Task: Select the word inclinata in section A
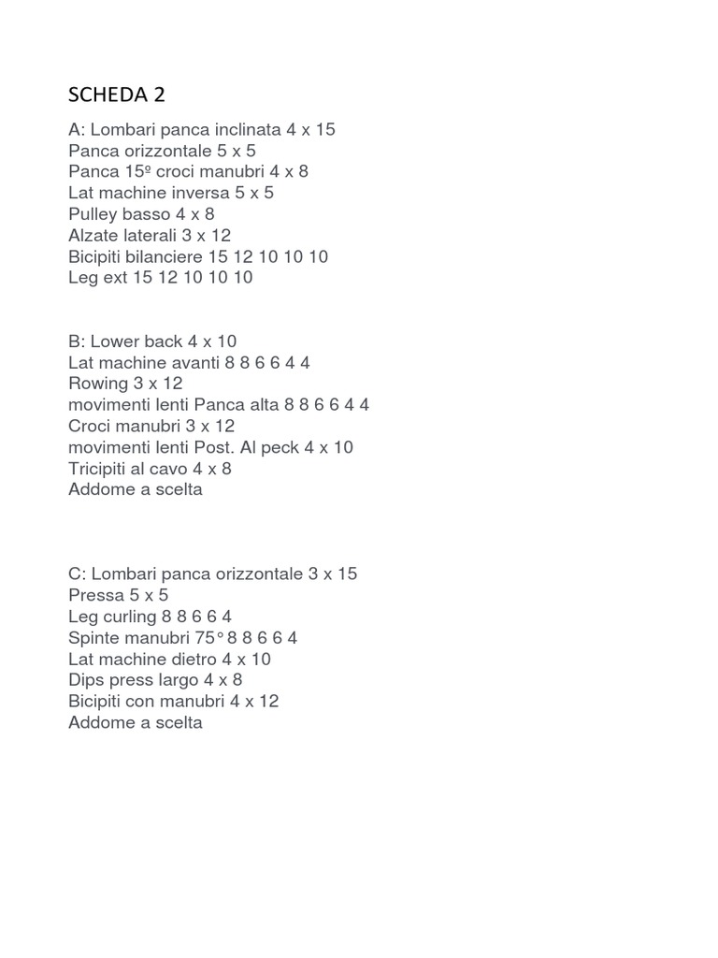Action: [246, 129]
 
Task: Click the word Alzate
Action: [93, 235]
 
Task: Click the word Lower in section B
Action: [114, 341]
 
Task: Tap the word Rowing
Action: [97, 384]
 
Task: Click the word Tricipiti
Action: [104, 469]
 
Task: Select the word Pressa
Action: [96, 595]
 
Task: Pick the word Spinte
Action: [95, 638]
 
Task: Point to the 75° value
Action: [210, 638]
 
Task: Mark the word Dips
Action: [87, 680]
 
